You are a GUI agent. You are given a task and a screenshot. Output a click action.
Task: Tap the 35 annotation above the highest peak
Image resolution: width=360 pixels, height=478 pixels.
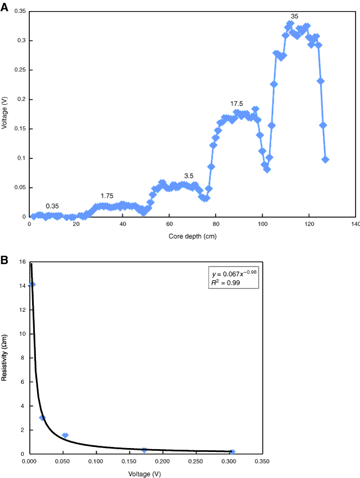pos(295,16)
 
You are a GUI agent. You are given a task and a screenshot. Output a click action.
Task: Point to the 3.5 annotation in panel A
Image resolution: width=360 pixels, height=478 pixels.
pos(188,176)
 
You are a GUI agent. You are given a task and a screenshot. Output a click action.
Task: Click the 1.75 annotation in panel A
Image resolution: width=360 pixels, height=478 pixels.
pos(107,196)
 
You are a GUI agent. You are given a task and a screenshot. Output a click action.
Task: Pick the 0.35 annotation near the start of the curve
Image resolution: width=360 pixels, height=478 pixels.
pos(52,206)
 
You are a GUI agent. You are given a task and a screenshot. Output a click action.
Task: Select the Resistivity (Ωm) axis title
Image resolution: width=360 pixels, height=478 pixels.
pos(5,359)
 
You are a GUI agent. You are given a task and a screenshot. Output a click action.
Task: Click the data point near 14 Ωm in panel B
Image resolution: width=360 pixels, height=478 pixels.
pos(32,285)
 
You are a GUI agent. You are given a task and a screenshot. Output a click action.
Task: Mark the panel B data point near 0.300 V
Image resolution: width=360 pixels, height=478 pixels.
pos(232,452)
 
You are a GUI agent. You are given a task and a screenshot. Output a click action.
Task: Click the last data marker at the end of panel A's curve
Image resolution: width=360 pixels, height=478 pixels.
pos(325,160)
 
